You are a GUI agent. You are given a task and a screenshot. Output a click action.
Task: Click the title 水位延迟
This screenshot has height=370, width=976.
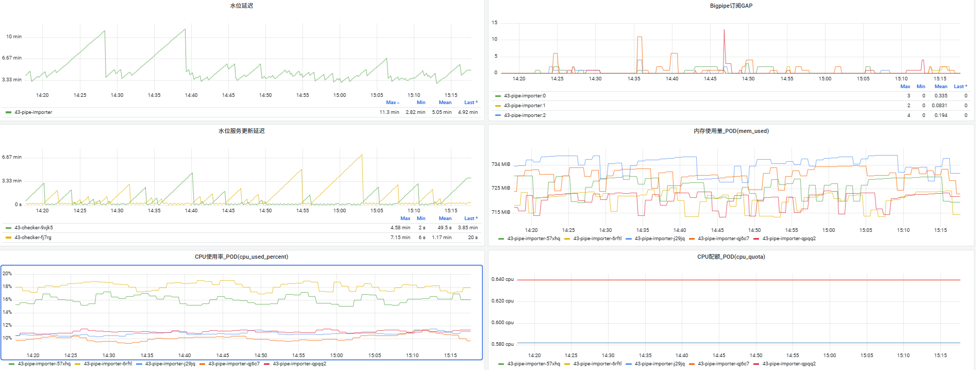click(241, 6)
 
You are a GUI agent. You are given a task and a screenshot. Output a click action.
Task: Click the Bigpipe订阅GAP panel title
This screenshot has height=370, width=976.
click(731, 6)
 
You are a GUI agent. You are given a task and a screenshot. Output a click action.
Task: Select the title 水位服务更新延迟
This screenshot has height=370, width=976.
click(241, 131)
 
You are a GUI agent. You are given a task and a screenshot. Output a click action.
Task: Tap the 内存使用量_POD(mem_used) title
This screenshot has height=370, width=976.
click(731, 131)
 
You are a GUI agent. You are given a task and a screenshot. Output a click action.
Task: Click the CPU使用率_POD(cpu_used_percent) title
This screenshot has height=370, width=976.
click(241, 257)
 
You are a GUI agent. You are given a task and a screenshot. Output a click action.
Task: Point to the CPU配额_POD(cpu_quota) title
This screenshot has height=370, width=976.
click(731, 257)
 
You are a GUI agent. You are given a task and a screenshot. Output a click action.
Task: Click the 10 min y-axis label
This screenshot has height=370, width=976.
click(14, 37)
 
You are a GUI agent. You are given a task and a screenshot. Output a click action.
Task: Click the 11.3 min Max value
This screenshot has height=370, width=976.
click(389, 112)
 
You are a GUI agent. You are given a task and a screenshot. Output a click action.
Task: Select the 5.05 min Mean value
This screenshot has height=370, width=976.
click(442, 112)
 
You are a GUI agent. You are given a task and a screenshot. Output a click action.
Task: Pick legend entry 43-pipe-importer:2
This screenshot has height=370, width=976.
click(525, 115)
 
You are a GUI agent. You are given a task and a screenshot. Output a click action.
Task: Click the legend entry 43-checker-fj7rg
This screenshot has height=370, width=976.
click(33, 238)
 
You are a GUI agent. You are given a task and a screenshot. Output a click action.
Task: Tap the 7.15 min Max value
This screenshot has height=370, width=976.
click(400, 238)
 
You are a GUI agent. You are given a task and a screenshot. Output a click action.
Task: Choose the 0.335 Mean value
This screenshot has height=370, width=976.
click(940, 96)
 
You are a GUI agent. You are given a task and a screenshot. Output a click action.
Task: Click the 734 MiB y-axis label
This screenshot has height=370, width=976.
click(500, 164)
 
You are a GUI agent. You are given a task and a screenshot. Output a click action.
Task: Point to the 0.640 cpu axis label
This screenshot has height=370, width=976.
click(502, 279)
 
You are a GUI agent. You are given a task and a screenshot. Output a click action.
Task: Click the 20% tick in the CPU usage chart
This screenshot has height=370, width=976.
click(7, 274)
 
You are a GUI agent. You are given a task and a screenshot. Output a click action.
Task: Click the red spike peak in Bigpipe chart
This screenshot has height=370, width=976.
click(724, 30)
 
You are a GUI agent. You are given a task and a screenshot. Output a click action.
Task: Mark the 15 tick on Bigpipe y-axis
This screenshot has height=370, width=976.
click(495, 23)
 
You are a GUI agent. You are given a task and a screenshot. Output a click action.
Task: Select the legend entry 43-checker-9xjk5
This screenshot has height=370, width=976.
click(33, 228)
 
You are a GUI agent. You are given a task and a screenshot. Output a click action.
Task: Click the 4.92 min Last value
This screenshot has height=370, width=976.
click(467, 112)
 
